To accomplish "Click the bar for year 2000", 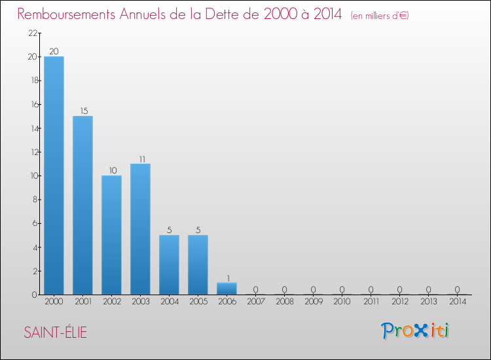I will click(54, 175).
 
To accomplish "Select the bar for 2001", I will click(82, 205).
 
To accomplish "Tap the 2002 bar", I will click(111, 235).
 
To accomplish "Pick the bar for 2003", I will click(140, 229).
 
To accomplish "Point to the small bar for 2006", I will click(227, 289).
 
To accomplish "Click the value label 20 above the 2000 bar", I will click(54, 52).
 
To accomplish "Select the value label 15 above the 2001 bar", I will click(82, 111).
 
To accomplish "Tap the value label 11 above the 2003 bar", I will click(140, 158).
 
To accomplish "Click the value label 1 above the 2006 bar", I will click(227, 278).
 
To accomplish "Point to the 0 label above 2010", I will click(342, 289).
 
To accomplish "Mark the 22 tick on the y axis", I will click(32, 33).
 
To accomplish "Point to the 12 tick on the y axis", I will click(32, 152).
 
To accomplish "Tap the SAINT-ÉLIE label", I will click(55, 333).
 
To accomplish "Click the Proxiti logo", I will click(416, 331).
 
